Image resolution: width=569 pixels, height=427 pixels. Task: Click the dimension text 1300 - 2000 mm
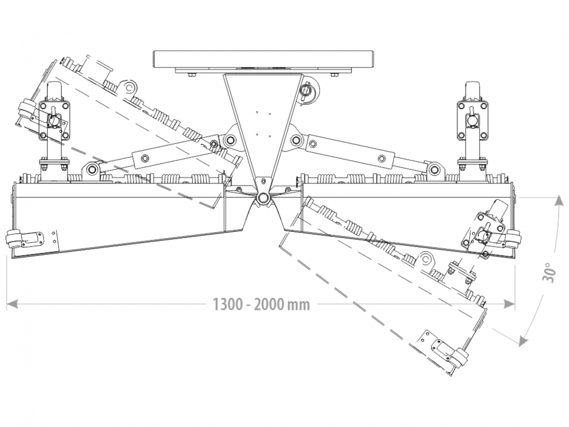click(x=261, y=305)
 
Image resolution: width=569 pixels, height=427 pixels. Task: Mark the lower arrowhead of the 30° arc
click(x=522, y=342)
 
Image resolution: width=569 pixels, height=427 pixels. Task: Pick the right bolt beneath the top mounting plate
click(x=334, y=74)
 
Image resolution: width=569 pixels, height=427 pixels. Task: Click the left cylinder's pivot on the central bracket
click(x=230, y=139)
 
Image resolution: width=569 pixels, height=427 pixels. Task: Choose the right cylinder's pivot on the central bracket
click(x=296, y=139)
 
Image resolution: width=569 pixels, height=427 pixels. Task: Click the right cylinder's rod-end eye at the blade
click(x=434, y=169)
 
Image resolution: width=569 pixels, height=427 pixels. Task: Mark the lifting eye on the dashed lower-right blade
click(x=425, y=259)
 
